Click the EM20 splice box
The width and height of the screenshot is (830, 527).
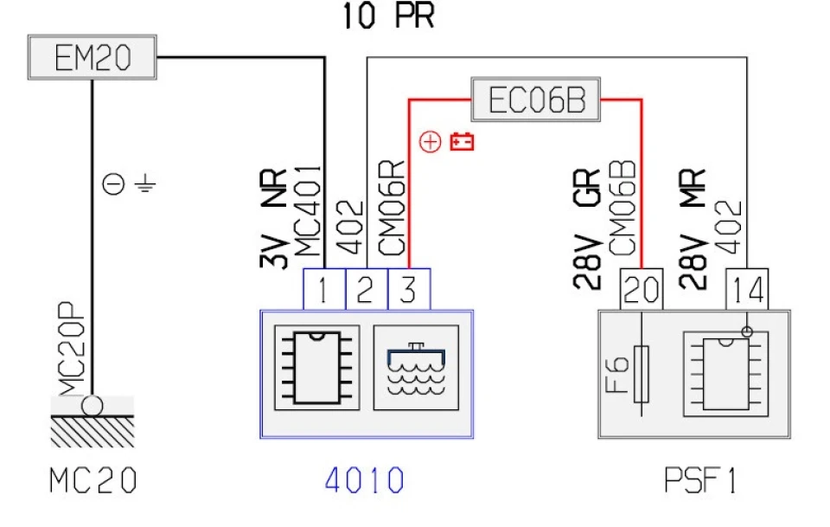pyautogui.click(x=93, y=57)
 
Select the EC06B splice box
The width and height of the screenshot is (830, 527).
pyautogui.click(x=536, y=99)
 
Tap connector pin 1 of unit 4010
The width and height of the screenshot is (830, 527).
pyautogui.click(x=324, y=289)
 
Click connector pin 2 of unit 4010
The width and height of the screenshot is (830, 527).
pyautogui.click(x=367, y=289)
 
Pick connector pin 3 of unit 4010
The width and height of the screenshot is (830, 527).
pyautogui.click(x=409, y=289)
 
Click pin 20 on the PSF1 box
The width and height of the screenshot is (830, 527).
pyautogui.click(x=641, y=289)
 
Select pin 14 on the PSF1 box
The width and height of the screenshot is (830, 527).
pyautogui.click(x=747, y=289)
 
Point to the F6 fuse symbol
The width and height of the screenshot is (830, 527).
pyautogui.click(x=641, y=374)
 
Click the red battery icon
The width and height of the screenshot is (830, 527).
pyautogui.click(x=462, y=141)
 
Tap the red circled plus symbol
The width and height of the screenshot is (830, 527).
pyautogui.click(x=430, y=142)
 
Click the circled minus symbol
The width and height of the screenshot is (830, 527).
pyautogui.click(x=113, y=184)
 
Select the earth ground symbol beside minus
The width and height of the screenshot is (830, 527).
pyautogui.click(x=144, y=184)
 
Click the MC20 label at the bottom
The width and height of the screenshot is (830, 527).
pyautogui.click(x=93, y=480)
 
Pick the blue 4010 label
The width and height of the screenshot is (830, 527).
pyautogui.click(x=364, y=480)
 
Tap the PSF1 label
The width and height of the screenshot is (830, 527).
pyautogui.click(x=699, y=480)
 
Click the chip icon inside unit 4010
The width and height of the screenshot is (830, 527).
pyautogui.click(x=317, y=368)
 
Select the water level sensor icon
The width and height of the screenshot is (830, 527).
pyautogui.click(x=416, y=368)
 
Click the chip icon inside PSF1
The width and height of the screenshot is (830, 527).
pyautogui.click(x=725, y=374)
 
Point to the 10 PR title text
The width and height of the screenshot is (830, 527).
pyautogui.click(x=388, y=16)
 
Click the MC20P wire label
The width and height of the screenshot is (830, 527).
pyautogui.click(x=72, y=349)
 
